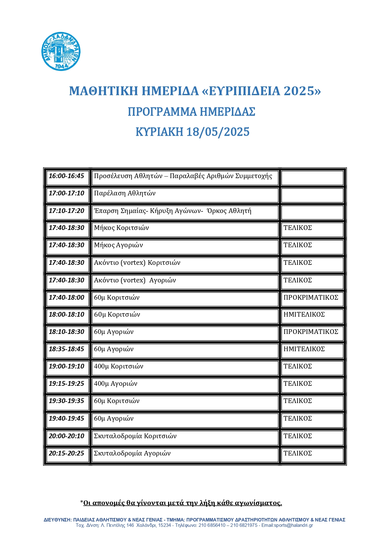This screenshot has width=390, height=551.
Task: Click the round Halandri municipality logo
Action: pyautogui.click(x=61, y=51)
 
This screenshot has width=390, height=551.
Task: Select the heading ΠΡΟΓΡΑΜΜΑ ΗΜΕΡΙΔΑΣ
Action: pyautogui.click(x=191, y=112)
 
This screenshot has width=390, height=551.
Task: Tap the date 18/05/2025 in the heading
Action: pyautogui.click(x=218, y=132)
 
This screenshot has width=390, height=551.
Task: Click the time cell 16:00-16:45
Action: pyautogui.click(x=67, y=176)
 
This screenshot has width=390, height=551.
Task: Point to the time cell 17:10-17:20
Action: pyautogui.click(x=67, y=211)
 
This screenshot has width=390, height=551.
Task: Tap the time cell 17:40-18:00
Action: pyautogui.click(x=67, y=297)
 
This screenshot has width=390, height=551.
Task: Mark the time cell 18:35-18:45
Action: pyautogui.click(x=67, y=349)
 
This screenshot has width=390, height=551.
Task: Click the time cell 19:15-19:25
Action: pyautogui.click(x=67, y=384)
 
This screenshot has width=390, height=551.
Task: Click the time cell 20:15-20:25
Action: pyautogui.click(x=67, y=453)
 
